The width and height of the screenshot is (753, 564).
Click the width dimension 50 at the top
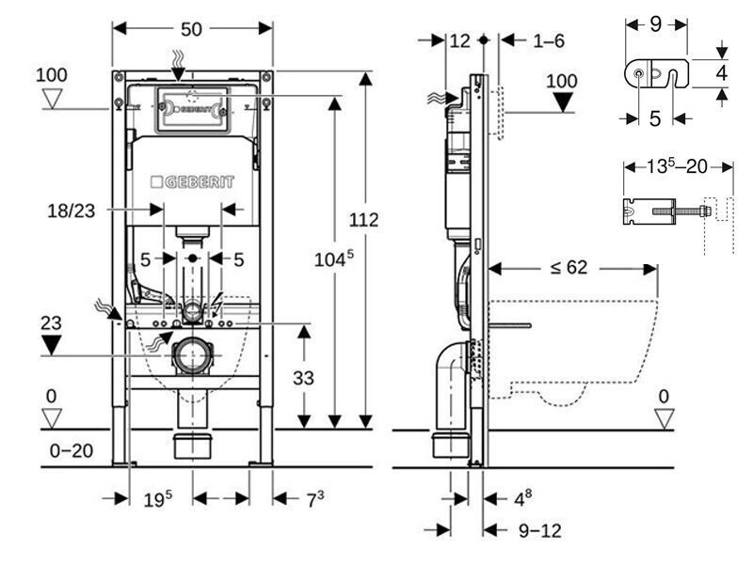pos(192,29)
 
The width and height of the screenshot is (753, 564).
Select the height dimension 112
pos(363,220)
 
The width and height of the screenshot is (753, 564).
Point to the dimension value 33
pos(303,378)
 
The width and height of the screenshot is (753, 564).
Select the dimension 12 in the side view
pos(459,40)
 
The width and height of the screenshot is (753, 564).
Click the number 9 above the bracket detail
pos(656,24)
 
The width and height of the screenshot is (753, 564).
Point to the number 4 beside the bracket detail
pos(720,70)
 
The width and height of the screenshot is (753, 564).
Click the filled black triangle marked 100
pos(561,101)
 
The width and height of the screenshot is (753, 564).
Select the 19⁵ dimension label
pos(158,500)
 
